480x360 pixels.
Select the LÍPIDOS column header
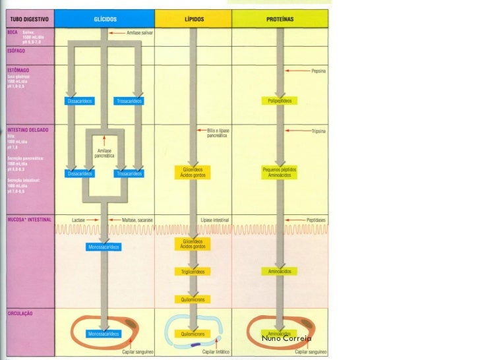coord(193,20)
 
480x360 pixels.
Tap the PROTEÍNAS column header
coord(280,20)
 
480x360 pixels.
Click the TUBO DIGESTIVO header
coord(26,20)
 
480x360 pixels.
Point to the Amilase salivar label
coord(131,32)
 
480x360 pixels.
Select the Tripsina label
coord(320,131)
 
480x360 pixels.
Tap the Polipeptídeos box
coord(280,101)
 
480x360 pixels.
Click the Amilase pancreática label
coord(104,154)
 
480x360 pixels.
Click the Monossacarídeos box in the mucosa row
coord(104,246)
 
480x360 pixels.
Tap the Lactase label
coord(80,219)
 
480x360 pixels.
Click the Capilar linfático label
coord(217,353)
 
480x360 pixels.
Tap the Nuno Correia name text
coord(286,338)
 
